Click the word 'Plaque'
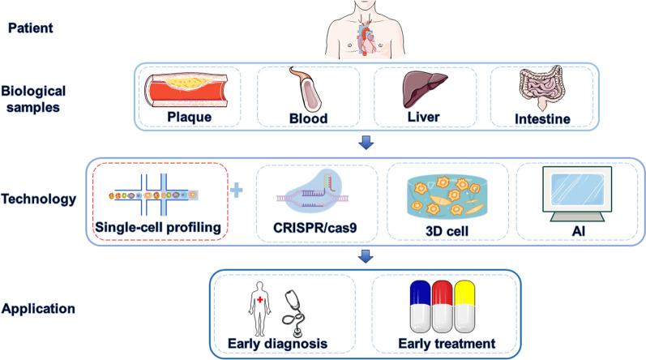191,118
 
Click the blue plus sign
237,191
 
